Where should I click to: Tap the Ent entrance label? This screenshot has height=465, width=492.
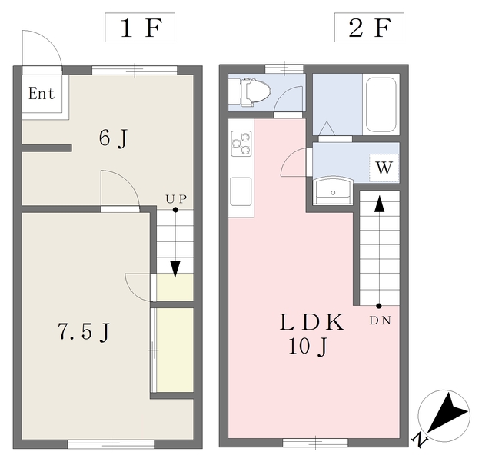(x=42, y=94)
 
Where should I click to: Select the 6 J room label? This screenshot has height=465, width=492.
(x=112, y=138)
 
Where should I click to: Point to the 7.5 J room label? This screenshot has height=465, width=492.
(x=84, y=333)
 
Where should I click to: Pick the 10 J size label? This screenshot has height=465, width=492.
(x=309, y=347)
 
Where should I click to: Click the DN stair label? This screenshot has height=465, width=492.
(x=380, y=319)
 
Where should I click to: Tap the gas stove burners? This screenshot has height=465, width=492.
(x=241, y=141)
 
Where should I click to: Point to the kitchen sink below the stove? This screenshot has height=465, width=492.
(x=241, y=188)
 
